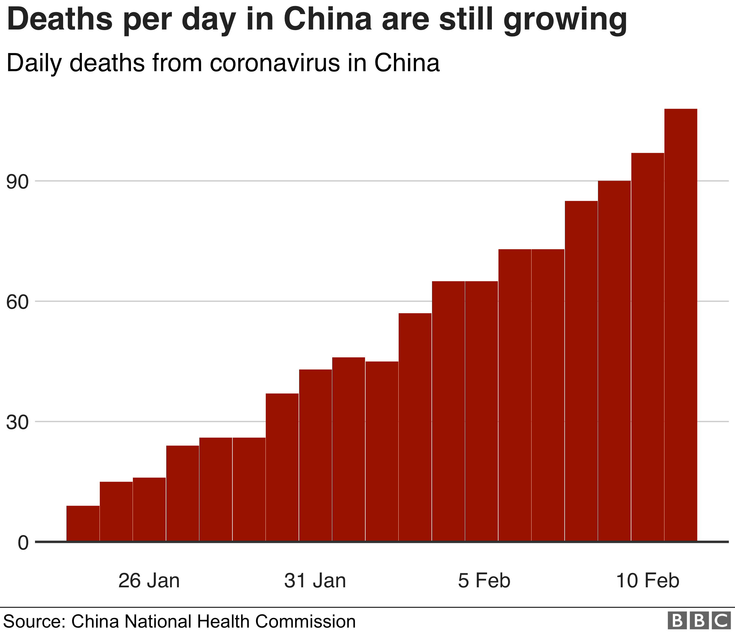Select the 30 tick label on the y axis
tap(17, 422)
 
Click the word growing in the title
tap(565, 21)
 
